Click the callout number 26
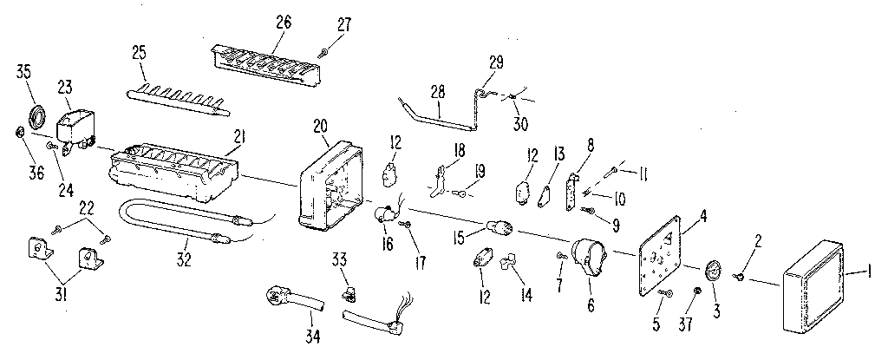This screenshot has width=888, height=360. tap(284, 23)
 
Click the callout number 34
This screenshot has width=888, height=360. tap(312, 337)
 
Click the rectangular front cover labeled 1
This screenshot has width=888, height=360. tap(813, 286)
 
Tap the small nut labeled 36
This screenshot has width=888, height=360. tap(18, 134)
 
